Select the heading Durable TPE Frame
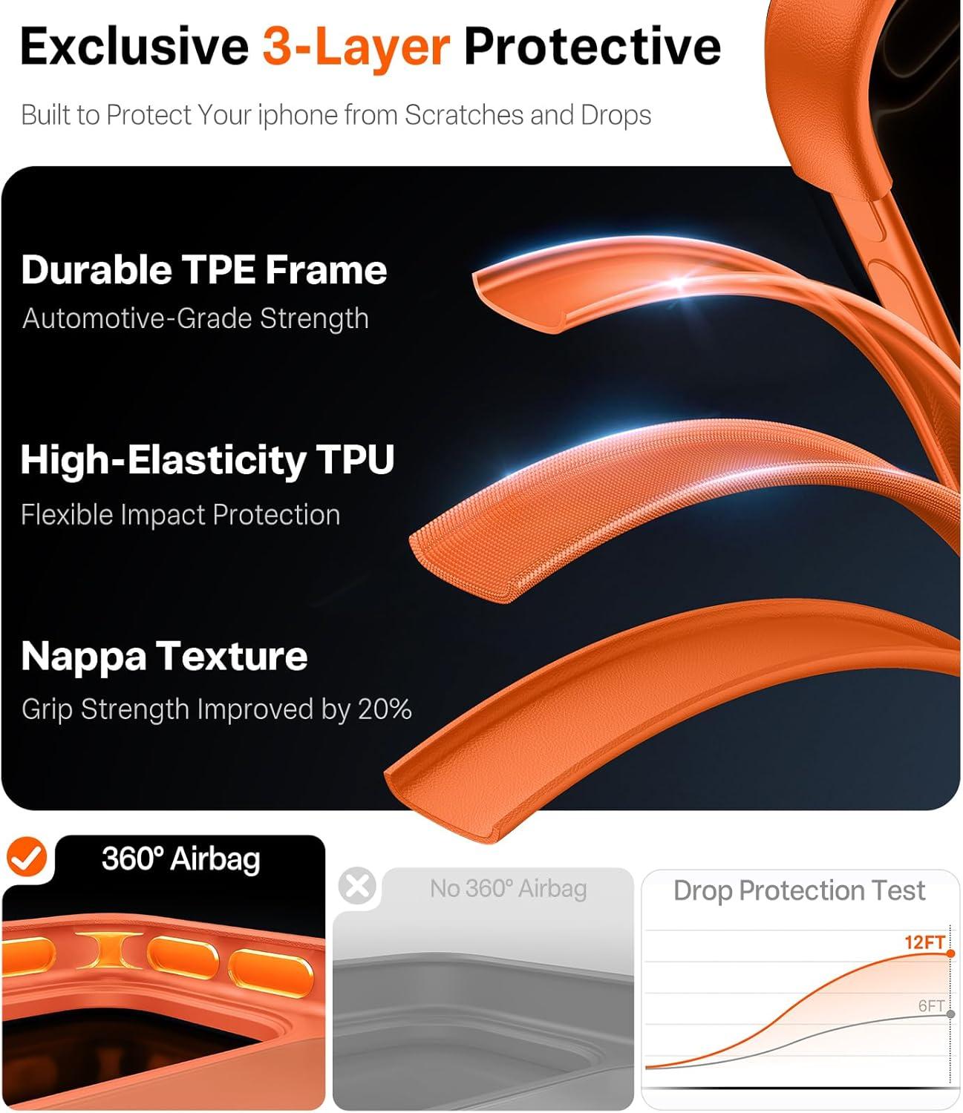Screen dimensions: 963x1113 204,270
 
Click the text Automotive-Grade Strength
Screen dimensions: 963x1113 195,318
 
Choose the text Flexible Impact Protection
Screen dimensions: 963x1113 180,515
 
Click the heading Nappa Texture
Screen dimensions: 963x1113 164,657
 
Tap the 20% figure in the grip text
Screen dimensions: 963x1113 385,709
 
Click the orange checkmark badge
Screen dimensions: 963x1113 27,857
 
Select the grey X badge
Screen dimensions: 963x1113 357,886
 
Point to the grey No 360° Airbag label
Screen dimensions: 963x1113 508,889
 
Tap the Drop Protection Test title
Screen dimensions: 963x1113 800,890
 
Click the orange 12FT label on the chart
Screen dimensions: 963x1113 924,942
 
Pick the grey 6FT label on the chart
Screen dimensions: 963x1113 930,1006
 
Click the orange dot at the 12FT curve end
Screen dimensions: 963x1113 950,953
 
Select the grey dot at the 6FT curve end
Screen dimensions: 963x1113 950,1014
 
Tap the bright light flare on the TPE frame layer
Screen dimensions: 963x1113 680,282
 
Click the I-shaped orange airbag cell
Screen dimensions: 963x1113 109,951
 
